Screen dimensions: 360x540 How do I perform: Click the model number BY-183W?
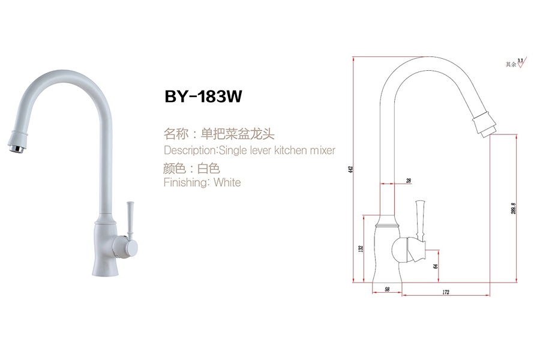(x=203, y=97)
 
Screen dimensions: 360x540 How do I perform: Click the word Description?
(x=190, y=150)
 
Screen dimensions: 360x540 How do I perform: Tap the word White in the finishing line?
(x=227, y=182)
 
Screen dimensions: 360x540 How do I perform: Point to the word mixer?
(x=322, y=150)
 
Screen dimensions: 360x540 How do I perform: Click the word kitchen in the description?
(x=291, y=150)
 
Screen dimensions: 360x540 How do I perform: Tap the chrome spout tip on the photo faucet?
(x=17, y=144)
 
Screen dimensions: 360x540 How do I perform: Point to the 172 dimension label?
(x=445, y=292)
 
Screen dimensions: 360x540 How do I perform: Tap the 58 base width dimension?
(x=388, y=290)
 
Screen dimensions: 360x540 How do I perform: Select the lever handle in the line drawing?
(x=421, y=219)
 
